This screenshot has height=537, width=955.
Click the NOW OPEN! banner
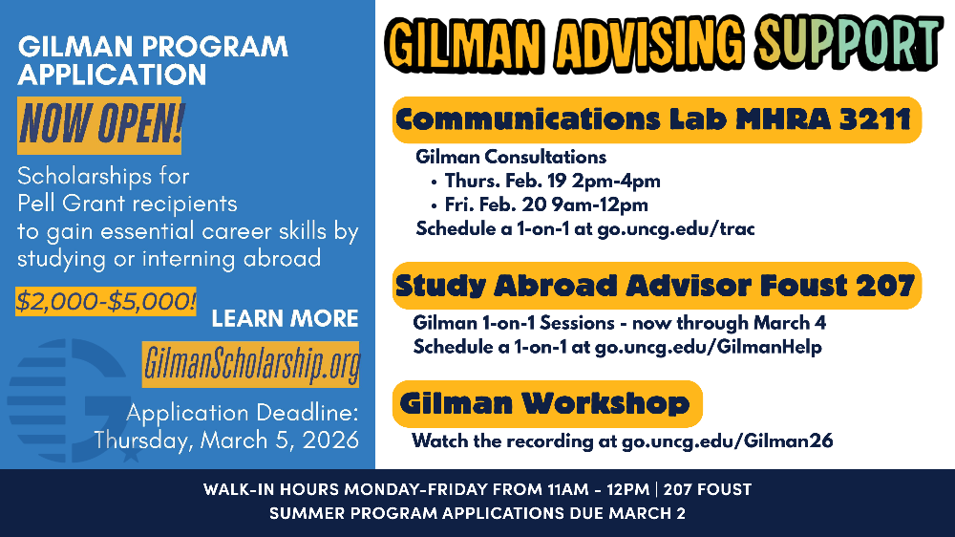(x=99, y=124)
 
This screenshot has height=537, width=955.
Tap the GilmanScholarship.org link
(x=251, y=364)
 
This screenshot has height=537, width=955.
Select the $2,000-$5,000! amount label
(x=106, y=302)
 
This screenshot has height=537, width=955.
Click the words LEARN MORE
(x=285, y=318)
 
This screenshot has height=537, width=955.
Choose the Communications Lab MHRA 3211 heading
(x=655, y=120)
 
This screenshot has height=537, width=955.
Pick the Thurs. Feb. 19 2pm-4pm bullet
(x=552, y=181)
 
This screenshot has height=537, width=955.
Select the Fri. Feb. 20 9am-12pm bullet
(x=545, y=204)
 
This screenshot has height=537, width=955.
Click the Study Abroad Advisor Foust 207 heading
(x=655, y=286)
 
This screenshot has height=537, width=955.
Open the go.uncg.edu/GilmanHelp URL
(x=708, y=346)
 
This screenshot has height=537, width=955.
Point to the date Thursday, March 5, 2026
(x=226, y=440)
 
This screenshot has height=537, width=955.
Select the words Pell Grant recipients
(x=127, y=204)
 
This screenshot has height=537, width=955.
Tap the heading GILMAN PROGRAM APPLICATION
(x=153, y=59)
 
